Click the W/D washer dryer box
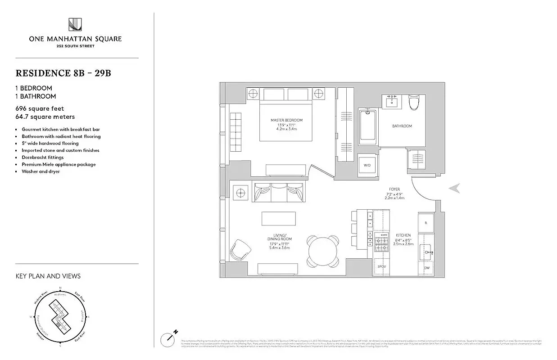coord(367,165)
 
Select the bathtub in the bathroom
coord(367,125)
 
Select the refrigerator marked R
coord(426,222)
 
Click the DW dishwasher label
coord(426,269)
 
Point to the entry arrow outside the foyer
coord(455,189)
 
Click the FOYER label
coord(395,189)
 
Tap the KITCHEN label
coord(403,235)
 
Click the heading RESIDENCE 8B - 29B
coord(63,73)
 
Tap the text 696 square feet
coord(40,108)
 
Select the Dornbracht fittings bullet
coord(43,157)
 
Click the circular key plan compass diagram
coord(60,317)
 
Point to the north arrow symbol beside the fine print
coord(168,337)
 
